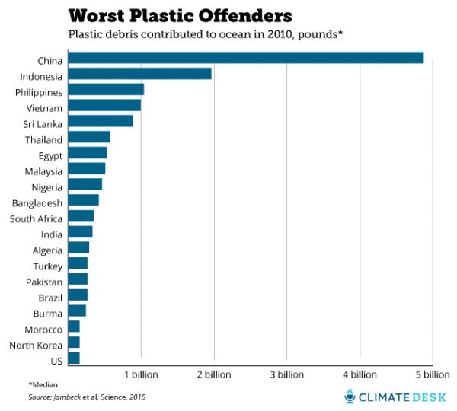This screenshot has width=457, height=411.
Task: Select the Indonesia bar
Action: pyautogui.click(x=139, y=74)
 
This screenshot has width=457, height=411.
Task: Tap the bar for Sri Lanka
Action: pyautogui.click(x=100, y=121)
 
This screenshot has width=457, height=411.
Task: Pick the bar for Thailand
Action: pyautogui.click(x=89, y=137)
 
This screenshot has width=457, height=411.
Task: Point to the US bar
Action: pyautogui.click(x=74, y=358)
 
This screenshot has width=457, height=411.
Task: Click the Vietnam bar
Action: pyautogui.click(x=104, y=105)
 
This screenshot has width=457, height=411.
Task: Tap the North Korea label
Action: pyautogui.click(x=35, y=345)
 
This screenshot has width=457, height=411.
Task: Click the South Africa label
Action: pyautogui.click(x=37, y=218)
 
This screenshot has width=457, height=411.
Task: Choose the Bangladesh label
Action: pyautogui.click(x=37, y=202)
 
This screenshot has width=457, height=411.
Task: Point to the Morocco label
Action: pyautogui.click(x=42, y=329)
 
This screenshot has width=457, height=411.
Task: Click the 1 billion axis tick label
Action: pyautogui.click(x=141, y=375)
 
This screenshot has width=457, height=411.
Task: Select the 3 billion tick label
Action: pyautogui.click(x=286, y=375)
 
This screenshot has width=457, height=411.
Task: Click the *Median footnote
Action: pyautogui.click(x=43, y=384)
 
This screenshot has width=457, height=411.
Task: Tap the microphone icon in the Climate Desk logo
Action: pyautogui.click(x=350, y=396)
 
